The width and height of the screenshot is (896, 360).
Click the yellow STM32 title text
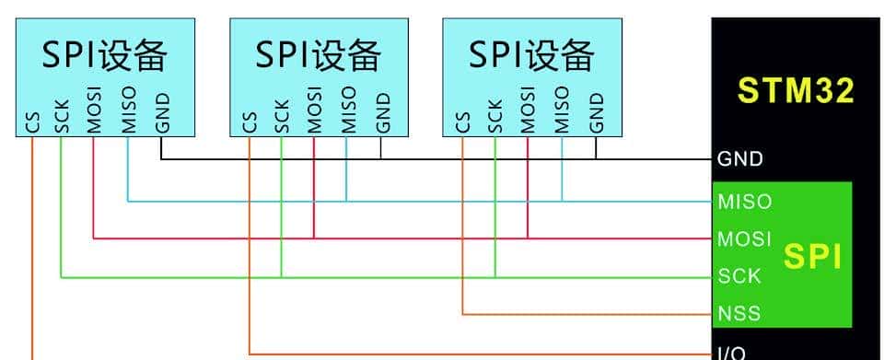click(797, 90)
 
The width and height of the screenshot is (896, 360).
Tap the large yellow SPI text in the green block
click(812, 257)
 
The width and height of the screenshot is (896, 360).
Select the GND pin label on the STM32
click(740, 159)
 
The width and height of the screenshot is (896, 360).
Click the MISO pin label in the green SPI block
click(744, 201)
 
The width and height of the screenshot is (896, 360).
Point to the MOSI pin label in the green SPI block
click(744, 238)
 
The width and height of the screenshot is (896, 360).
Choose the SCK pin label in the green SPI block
click(739, 275)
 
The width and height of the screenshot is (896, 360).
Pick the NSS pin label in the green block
click(739, 313)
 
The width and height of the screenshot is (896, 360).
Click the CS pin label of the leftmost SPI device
click(33, 122)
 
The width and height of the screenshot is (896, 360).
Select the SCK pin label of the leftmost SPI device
click(62, 117)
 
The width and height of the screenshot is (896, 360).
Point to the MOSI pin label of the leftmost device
click(94, 111)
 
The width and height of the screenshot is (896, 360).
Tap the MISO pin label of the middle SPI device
click(346, 110)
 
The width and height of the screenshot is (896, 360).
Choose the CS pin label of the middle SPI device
click(250, 122)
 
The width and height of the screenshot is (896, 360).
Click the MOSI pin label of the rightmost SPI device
click(528, 110)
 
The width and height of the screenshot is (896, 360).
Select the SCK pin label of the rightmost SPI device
click(495, 116)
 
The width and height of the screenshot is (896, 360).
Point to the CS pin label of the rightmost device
click(463, 122)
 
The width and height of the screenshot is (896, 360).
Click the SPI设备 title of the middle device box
click(318, 56)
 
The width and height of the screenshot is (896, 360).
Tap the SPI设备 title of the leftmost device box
click(104, 56)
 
